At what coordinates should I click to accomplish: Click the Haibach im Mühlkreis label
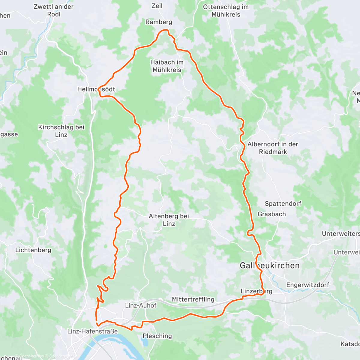pyautogui.click(x=167, y=66)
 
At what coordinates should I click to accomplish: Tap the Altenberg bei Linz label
pyautogui.click(x=169, y=220)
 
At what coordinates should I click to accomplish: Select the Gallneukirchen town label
pyautogui.click(x=269, y=265)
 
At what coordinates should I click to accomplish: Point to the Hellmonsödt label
pyautogui.click(x=96, y=89)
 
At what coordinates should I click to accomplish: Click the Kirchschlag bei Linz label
pyautogui.click(x=61, y=131)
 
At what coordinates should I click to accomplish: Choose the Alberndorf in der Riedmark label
pyautogui.click(x=273, y=148)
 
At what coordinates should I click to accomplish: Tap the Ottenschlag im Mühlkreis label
pyautogui.click(x=226, y=10)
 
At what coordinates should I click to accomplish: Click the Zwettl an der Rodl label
pyautogui.click(x=53, y=10)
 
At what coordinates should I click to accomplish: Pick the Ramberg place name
pyautogui.click(x=159, y=22)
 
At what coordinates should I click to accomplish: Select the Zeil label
pyautogui.click(x=157, y=6)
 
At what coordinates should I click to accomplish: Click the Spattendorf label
pyautogui.click(x=283, y=204)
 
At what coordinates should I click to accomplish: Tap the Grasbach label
pyautogui.click(x=271, y=214)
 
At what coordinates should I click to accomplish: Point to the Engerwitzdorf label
pyautogui.click(x=307, y=285)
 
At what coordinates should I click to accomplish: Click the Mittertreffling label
pyautogui.click(x=193, y=299)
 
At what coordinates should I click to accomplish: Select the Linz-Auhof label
pyautogui.click(x=141, y=305)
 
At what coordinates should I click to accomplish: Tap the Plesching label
pyautogui.click(x=157, y=336)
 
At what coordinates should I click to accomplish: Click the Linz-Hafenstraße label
pyautogui.click(x=92, y=331)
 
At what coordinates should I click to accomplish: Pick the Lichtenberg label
pyautogui.click(x=33, y=250)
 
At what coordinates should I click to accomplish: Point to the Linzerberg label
pyautogui.click(x=256, y=291)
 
